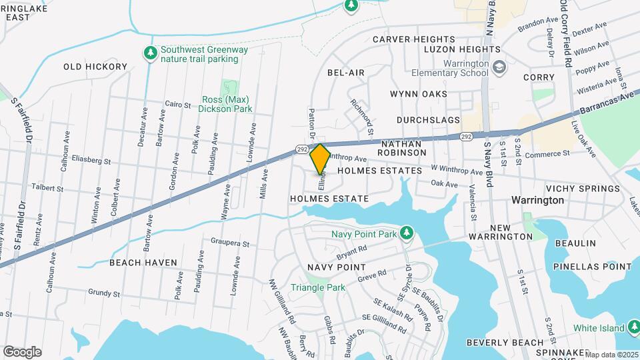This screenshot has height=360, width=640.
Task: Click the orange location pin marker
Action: pyautogui.click(x=320, y=159)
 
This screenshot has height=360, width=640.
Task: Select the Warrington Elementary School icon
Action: pyautogui.click(x=499, y=67)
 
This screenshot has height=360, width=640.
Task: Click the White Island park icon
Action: pyautogui.click(x=634, y=327)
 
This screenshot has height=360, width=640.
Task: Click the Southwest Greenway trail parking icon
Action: pyautogui.click(x=151, y=52)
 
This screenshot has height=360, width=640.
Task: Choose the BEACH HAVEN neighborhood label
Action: pyautogui.click(x=143, y=263)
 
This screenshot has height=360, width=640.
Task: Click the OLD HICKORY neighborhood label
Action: pyautogui.click(x=95, y=67)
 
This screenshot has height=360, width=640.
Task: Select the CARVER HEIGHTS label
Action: pyautogui.click(x=413, y=39)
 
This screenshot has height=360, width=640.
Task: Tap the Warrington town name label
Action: pyautogui.click(x=537, y=200)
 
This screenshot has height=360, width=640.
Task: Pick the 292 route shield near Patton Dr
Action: pyautogui.click(x=302, y=149)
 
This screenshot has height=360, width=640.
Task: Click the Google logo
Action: pyautogui.click(x=23, y=351)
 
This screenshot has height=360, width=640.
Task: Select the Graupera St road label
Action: pyautogui.click(x=229, y=244)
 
